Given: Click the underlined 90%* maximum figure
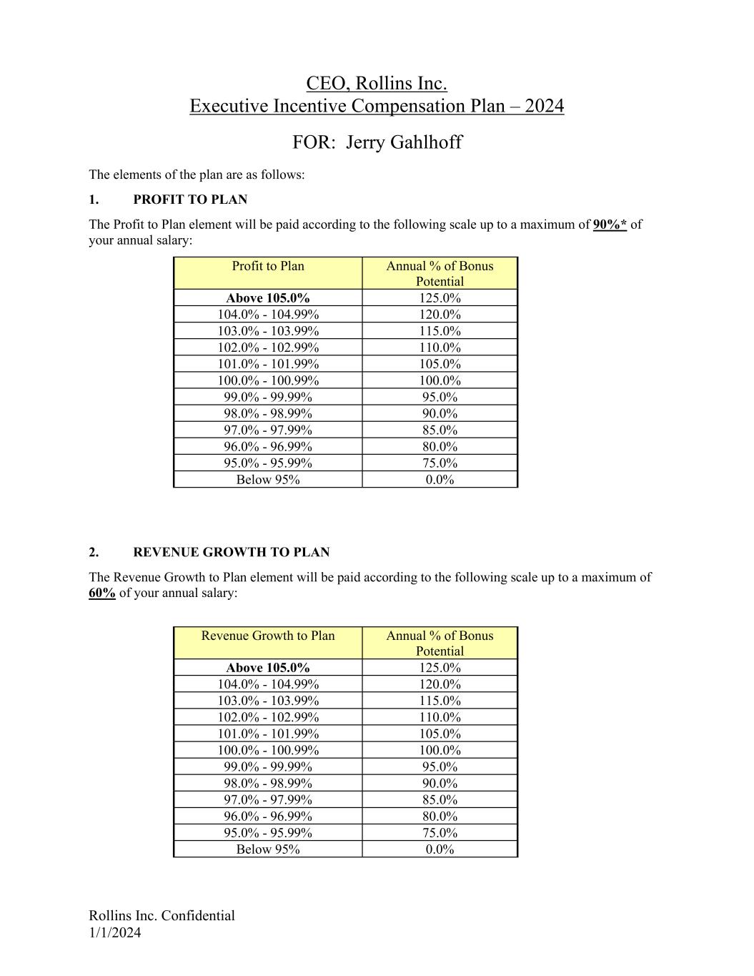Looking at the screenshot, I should (x=610, y=225).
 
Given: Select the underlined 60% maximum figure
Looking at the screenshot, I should (x=102, y=593).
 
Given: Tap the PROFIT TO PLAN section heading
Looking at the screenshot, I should (x=190, y=199).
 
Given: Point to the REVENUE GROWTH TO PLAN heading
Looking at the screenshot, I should (x=231, y=552).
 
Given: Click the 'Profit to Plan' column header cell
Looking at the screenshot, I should (x=268, y=266).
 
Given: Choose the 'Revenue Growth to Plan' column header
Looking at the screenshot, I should (x=268, y=636).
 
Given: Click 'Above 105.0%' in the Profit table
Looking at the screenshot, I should (x=268, y=298).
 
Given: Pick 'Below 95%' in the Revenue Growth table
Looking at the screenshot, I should (x=268, y=849).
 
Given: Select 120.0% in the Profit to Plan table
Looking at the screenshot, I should (x=440, y=315).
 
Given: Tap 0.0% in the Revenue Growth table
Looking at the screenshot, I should (x=440, y=849).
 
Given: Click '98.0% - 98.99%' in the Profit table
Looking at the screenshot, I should (x=268, y=413).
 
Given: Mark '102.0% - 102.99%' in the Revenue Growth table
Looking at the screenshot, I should (x=268, y=717).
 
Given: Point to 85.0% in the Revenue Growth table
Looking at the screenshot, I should (x=440, y=799).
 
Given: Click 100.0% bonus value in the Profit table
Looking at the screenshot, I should (x=440, y=380).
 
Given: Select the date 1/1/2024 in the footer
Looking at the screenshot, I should (x=115, y=932).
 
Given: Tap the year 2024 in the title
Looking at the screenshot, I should (x=544, y=106).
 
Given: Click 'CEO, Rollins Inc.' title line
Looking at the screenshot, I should (x=377, y=84).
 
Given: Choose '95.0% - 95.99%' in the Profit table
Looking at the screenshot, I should (x=268, y=463).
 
